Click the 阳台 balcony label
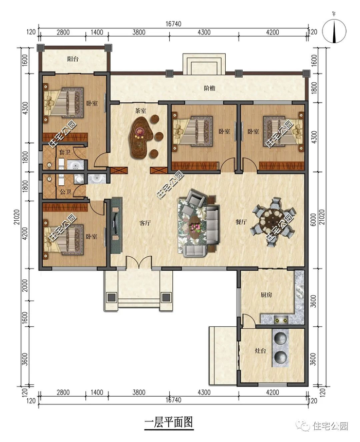coord(73,59)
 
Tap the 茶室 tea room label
coord(141,110)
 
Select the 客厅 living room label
coord(145,223)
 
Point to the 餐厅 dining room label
coord(241,222)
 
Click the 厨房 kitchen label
coord(266,295)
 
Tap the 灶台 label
coord(260,351)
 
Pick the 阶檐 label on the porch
coord(210,88)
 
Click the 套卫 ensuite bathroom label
coord(64,152)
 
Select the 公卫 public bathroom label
coord(65,192)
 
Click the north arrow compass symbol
coord(334,30)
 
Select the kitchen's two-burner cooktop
coord(281,320)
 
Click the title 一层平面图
coord(169,422)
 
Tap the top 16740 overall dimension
coord(173,24)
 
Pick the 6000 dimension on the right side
coord(313,220)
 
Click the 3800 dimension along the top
coord(139,32)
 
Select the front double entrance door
coord(138,262)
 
